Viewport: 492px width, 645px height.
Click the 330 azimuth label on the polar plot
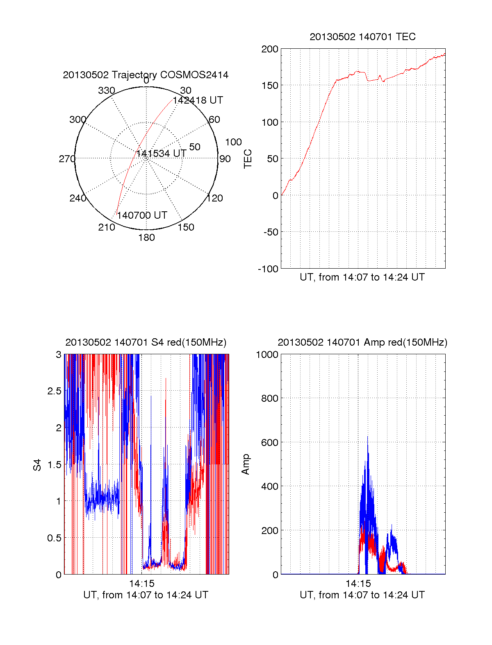(x=107, y=91)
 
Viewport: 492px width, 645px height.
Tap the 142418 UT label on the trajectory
(x=198, y=100)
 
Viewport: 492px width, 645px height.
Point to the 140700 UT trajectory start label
(x=142, y=215)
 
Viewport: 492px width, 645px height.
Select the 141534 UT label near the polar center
(x=161, y=154)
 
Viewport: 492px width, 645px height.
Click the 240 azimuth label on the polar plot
(x=78, y=198)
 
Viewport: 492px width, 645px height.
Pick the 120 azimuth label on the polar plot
(x=215, y=198)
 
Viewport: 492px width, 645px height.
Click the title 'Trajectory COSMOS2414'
(x=146, y=75)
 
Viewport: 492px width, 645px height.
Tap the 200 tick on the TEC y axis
(x=270, y=49)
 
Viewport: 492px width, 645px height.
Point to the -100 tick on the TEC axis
(x=268, y=269)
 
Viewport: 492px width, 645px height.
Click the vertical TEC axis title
(x=248, y=159)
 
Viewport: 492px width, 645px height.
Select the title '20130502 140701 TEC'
(x=362, y=37)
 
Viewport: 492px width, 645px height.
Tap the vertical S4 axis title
(x=37, y=465)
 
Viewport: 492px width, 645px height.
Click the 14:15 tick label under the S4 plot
(x=142, y=584)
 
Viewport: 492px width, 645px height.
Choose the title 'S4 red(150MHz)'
(x=146, y=342)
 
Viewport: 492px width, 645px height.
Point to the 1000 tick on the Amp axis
(x=267, y=355)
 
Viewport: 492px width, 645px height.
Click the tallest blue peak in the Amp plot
(x=367, y=437)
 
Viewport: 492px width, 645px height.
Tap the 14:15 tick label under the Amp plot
(x=358, y=584)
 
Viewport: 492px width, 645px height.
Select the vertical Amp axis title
(x=246, y=464)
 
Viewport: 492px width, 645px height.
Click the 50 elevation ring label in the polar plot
(x=195, y=147)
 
